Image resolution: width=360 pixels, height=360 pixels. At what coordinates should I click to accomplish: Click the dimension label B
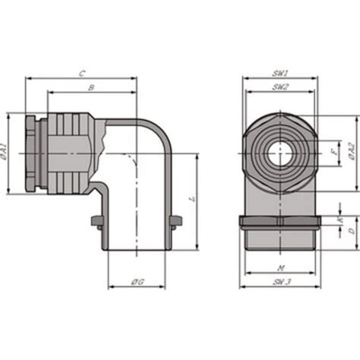tap(91, 87)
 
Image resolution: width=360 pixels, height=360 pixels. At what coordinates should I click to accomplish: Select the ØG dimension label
tap(137, 282)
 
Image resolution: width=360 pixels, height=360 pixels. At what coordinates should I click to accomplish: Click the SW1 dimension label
tap(279, 73)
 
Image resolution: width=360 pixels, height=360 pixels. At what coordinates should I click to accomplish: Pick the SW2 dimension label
tap(279, 87)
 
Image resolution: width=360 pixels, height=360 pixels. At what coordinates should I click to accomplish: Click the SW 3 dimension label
tap(279, 282)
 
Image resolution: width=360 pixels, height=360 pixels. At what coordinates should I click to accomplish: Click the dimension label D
tap(341, 241)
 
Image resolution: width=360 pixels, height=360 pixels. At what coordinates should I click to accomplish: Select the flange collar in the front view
tap(279, 222)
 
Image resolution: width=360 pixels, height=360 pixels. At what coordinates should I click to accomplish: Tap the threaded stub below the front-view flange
tap(279, 239)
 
